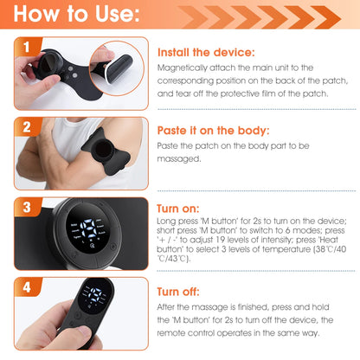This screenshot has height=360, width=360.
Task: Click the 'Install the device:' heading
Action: tap(205, 52)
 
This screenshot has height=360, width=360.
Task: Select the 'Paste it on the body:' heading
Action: tap(215, 131)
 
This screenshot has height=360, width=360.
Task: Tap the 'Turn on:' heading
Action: tap(178, 209)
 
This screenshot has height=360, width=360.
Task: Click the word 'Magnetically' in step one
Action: tap(185, 67)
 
